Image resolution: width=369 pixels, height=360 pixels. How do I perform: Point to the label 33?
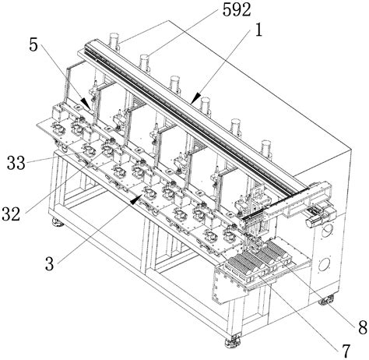pos(16,164)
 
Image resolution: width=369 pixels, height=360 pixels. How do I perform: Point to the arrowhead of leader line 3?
pos(142,196)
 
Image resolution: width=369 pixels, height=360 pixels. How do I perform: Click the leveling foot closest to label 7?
pos(232,341)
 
